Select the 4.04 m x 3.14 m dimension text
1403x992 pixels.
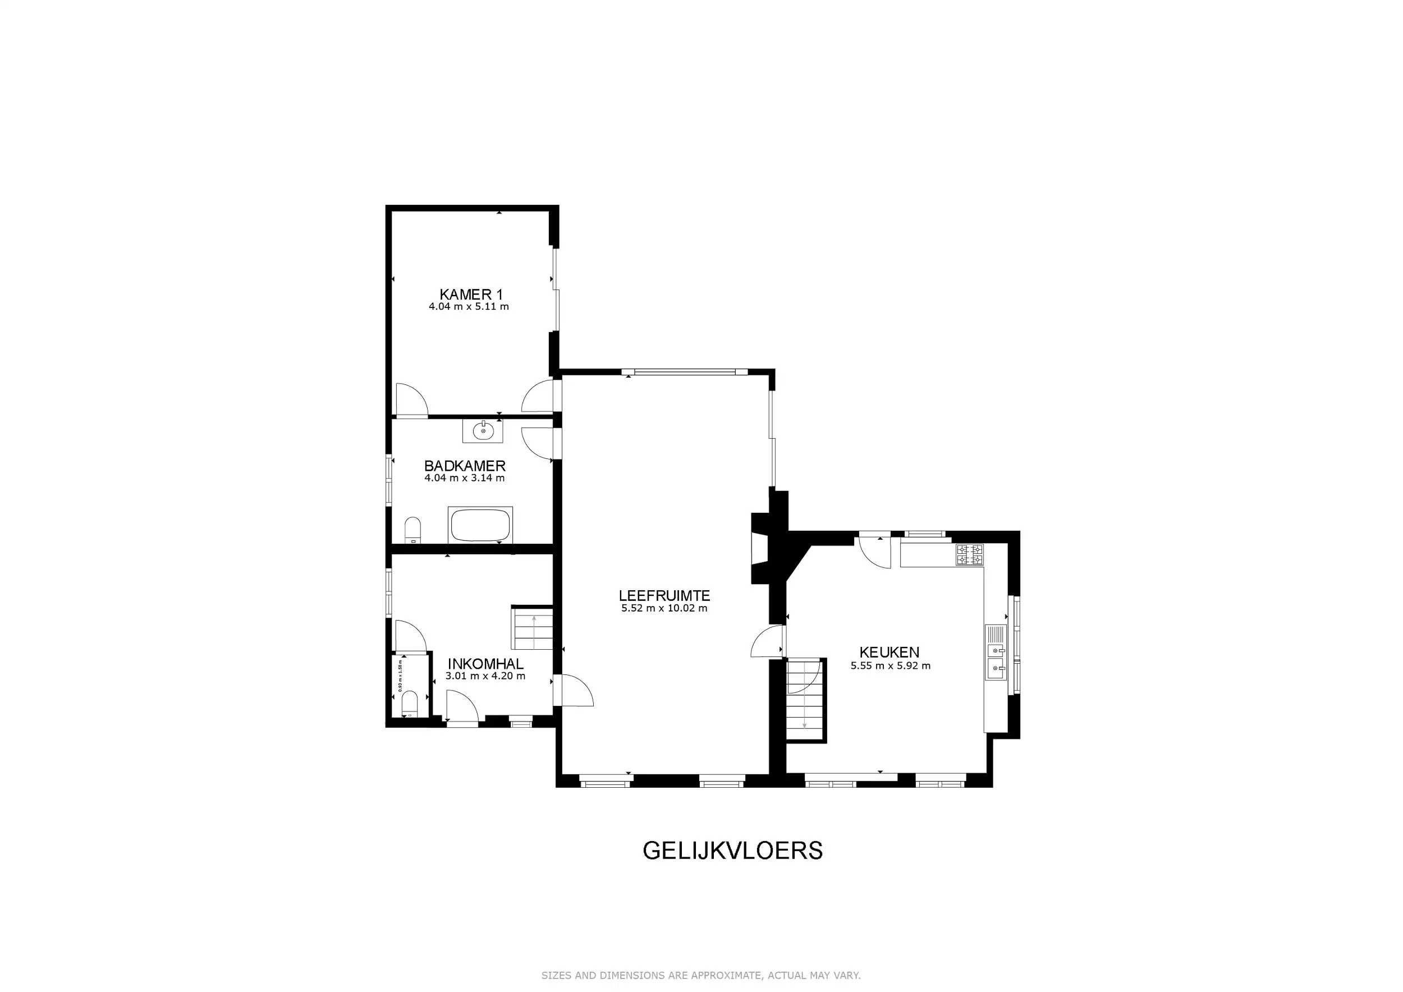coord(465,478)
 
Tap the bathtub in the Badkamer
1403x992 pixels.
coord(480,525)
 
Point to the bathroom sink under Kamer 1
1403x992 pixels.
coord(483,432)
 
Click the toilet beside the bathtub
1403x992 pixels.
coord(413,530)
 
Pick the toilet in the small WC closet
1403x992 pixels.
coord(410,704)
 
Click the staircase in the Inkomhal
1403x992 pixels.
coord(533,628)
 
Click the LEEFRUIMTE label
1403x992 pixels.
coord(664,595)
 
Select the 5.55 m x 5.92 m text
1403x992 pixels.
coord(890,666)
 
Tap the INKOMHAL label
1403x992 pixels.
coord(485,664)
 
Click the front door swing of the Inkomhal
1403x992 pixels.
coord(462,707)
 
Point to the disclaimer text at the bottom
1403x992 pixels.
coord(700,976)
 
